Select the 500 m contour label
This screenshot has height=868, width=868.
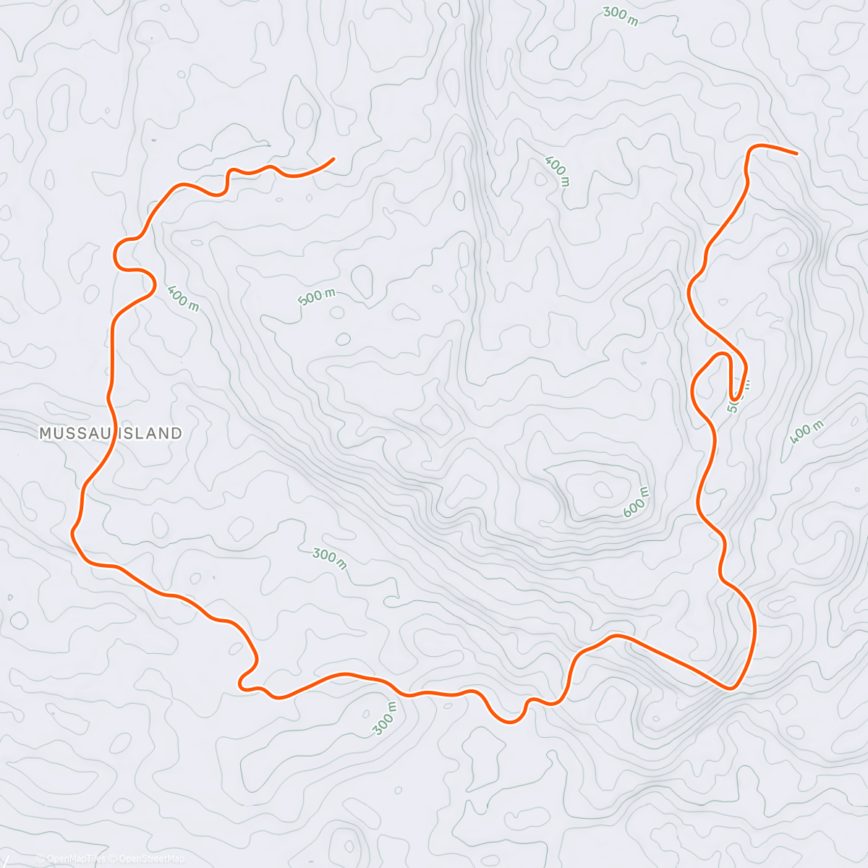pos(317,297)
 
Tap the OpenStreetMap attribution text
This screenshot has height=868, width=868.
pos(152,859)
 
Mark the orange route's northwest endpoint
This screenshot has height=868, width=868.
pos(333,158)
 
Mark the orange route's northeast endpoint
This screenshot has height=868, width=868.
pos(796,153)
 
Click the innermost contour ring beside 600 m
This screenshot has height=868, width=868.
pos(601,490)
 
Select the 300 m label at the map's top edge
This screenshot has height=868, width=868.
pos(621,16)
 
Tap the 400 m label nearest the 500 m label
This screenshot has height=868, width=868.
pos(182,298)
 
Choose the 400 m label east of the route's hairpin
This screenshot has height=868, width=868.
pos(807,431)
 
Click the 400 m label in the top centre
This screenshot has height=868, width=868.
pos(556,171)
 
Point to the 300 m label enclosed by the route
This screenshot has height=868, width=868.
pos(330,558)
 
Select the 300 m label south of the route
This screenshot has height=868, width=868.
pos(386,719)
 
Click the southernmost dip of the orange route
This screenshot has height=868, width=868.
pos(509,721)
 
